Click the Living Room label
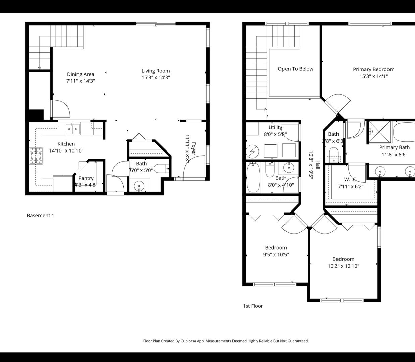point(155,71)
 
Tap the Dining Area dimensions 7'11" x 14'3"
point(81,81)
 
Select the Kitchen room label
point(66,144)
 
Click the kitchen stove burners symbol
point(36,156)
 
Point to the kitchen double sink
point(72,129)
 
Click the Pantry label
point(86,178)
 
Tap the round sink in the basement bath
point(139,185)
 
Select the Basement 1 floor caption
point(40,215)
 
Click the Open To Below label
point(295,69)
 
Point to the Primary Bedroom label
point(373,69)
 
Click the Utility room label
point(275,127)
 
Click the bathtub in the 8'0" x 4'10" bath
point(253,177)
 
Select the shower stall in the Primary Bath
point(379,132)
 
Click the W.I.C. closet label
point(350,179)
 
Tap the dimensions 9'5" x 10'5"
point(276,255)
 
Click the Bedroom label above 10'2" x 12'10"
point(343,259)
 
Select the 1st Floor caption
point(253,306)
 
